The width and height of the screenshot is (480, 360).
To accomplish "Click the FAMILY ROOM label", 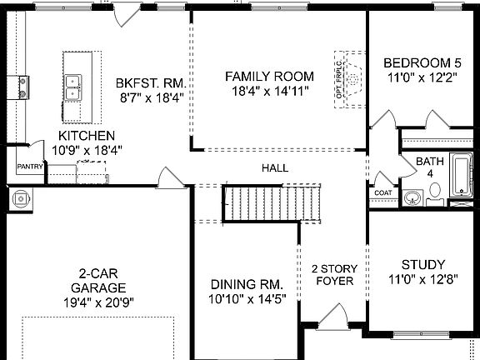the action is [x=269, y=76].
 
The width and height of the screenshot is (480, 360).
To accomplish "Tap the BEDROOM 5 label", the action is [x=422, y=63].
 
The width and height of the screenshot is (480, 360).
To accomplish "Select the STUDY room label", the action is [x=423, y=264].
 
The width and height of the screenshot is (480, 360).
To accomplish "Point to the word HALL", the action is [x=275, y=167].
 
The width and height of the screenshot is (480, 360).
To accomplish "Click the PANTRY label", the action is [x=30, y=167].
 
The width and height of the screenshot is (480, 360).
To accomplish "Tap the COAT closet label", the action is [x=383, y=192].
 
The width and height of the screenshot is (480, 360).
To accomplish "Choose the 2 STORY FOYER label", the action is [x=335, y=275].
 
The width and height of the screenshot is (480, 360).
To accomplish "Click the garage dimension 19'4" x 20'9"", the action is [x=98, y=302].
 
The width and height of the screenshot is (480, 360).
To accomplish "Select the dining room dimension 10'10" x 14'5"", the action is [x=247, y=299].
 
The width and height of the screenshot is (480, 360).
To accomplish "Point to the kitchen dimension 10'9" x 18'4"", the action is [x=87, y=150].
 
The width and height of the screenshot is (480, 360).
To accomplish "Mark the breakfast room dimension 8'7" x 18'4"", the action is [x=152, y=98].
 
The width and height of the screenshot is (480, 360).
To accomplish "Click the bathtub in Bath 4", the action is [x=462, y=175].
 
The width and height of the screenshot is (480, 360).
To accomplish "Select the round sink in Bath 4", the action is [x=412, y=197].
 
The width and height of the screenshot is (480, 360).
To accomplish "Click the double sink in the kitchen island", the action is [x=72, y=87].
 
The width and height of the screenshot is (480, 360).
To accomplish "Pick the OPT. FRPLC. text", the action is [x=339, y=80].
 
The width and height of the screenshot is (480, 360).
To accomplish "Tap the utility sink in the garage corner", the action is [x=21, y=199].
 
